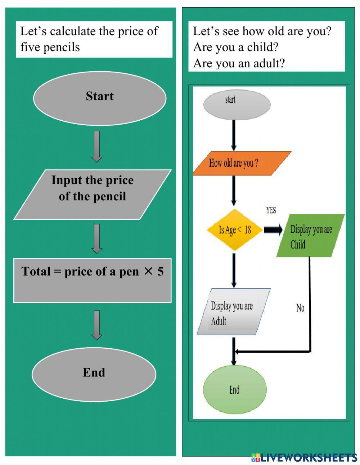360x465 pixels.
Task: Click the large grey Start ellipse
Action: click(100, 98)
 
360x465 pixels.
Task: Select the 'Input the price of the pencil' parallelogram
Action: click(92, 195)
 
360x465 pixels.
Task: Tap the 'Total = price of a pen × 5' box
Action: click(93, 280)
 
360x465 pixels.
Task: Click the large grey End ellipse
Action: click(94, 374)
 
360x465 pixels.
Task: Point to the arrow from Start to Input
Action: click(96, 146)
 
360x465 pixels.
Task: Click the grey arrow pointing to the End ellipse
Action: click(96, 325)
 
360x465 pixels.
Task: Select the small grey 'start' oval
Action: click(237, 104)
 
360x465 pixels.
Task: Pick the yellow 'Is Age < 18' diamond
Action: click(235, 230)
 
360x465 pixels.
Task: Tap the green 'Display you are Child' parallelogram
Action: click(310, 236)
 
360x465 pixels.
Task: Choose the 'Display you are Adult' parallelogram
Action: click(233, 312)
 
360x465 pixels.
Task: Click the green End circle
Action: click(235, 389)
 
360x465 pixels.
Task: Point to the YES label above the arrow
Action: click(271, 210)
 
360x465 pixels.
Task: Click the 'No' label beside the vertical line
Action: click(300, 308)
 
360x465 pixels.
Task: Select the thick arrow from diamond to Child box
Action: click(273, 230)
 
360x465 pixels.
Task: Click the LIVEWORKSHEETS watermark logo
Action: click(304, 457)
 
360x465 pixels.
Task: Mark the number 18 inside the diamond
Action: click(247, 230)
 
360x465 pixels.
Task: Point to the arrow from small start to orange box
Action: click(234, 135)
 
